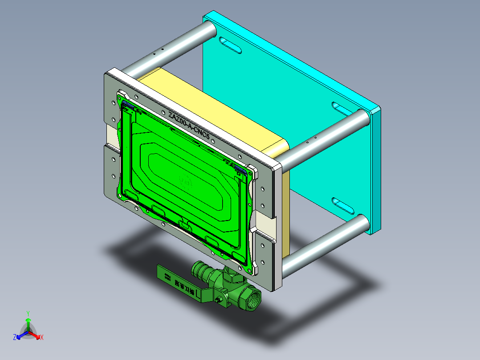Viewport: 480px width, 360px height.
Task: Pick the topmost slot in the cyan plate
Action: (230, 45)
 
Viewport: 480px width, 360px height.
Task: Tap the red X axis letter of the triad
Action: (42, 337)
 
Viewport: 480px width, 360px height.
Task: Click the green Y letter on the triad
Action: (28, 313)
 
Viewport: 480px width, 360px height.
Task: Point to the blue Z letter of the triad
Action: (15, 337)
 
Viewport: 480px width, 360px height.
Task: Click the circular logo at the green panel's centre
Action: (185, 180)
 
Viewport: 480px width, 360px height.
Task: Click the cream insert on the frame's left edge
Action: (112, 135)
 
